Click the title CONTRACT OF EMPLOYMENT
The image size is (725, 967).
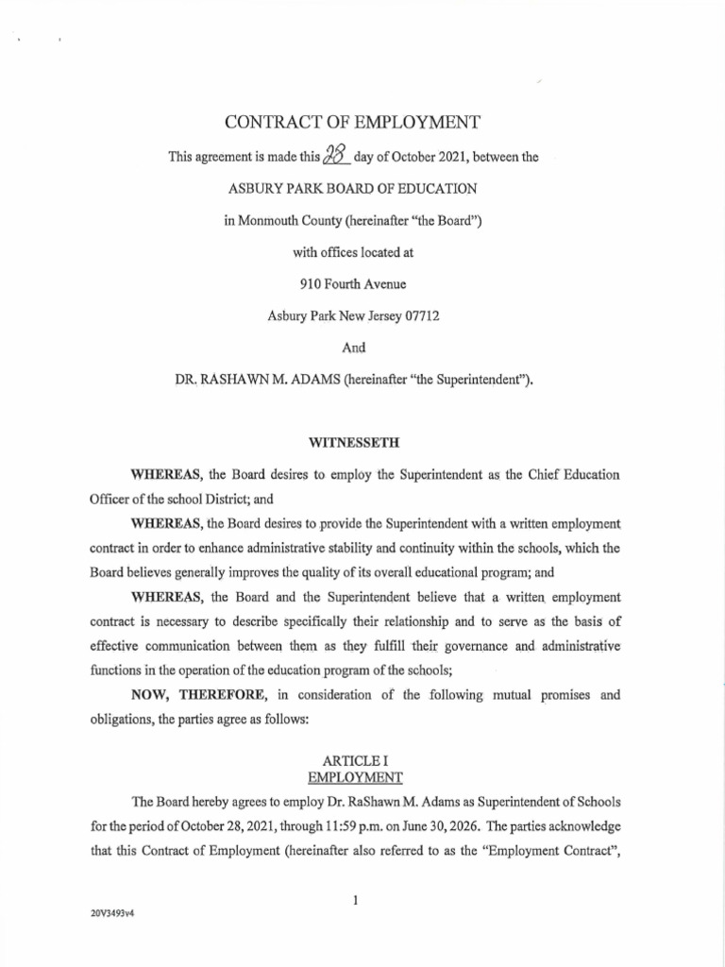(x=352, y=122)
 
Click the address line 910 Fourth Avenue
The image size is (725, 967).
(x=352, y=283)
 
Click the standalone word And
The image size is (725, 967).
(x=353, y=348)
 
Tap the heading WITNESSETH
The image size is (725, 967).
(x=352, y=440)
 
